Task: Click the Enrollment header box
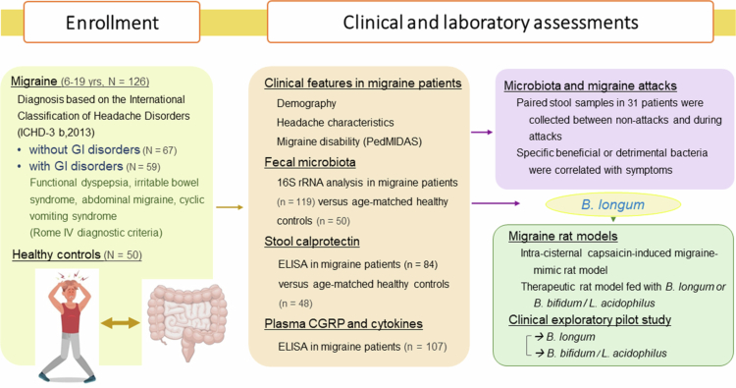[x=112, y=22]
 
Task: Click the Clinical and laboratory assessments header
[x=491, y=22]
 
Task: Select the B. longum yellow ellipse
[x=613, y=204]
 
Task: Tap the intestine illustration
[x=187, y=320]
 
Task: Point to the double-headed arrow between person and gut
[x=121, y=323]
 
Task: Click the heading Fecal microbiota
[x=310, y=162]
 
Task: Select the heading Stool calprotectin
[x=312, y=242]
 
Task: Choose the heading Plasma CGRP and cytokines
[x=343, y=323]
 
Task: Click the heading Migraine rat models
[x=563, y=236]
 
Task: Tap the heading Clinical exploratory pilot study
[x=590, y=320]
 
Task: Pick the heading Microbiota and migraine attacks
[x=590, y=86]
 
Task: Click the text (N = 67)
[x=160, y=150]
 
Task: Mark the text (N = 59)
[x=142, y=167]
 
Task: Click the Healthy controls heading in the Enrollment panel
[x=56, y=254]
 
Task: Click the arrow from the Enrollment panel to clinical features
[x=230, y=207]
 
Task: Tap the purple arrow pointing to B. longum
[x=496, y=203]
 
